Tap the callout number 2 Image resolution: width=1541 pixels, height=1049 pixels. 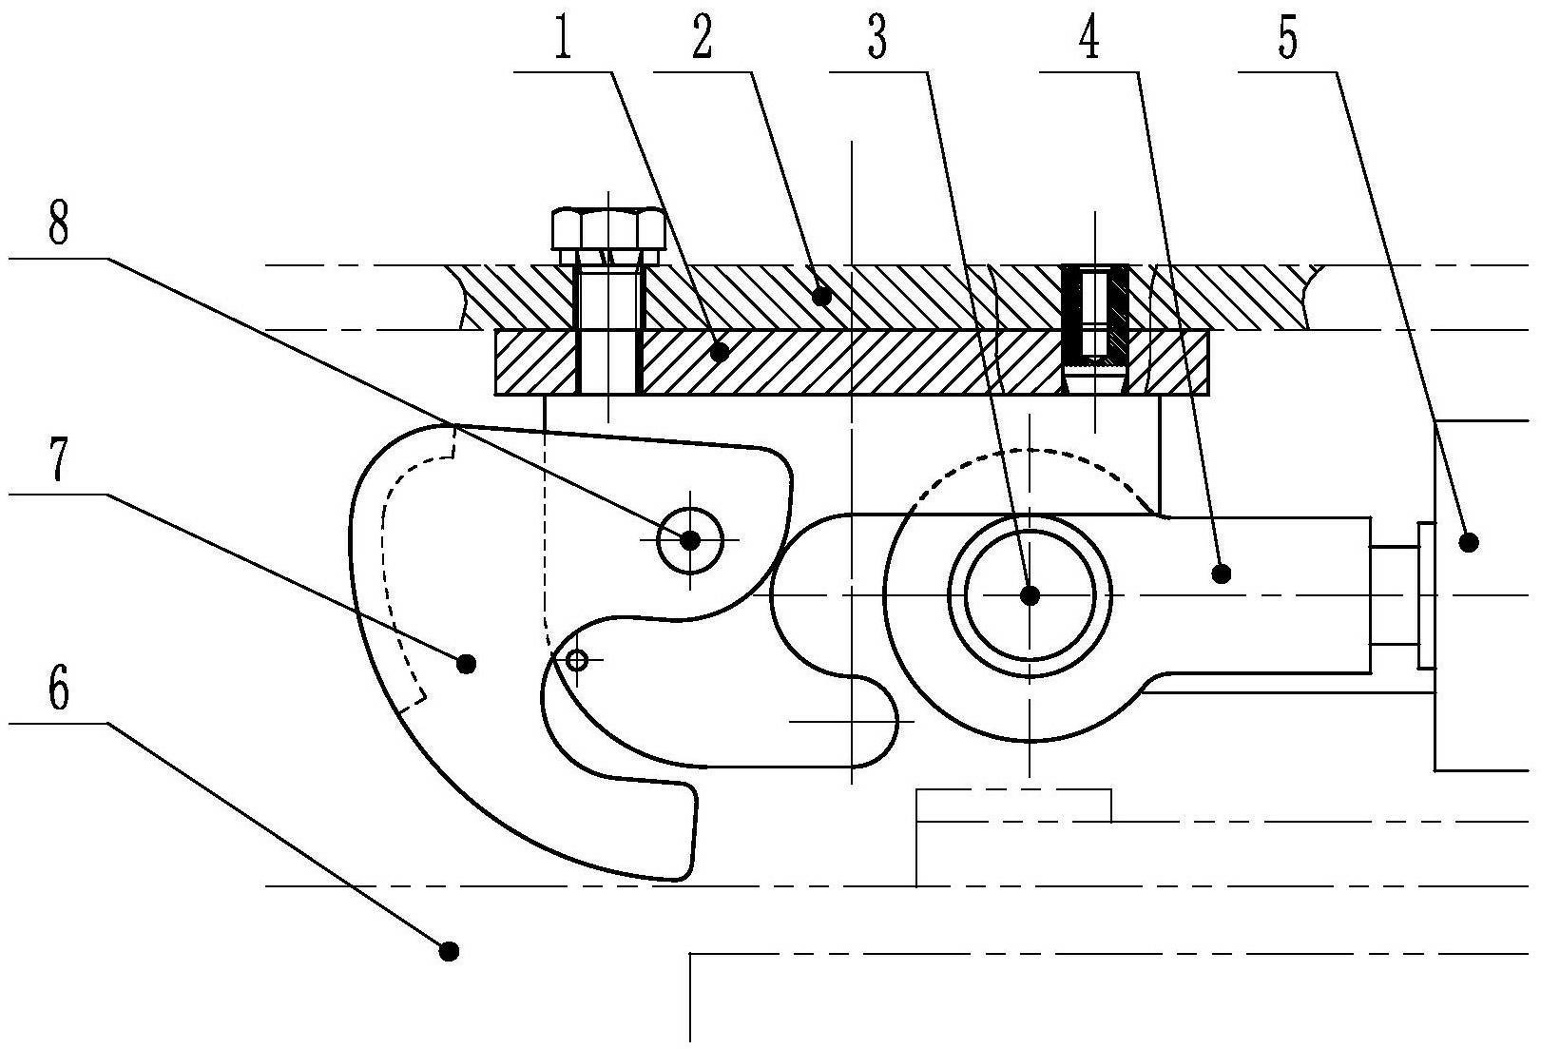[x=702, y=39]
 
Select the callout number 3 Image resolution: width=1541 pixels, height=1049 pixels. [x=877, y=39]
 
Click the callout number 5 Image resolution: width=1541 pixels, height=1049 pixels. [x=1288, y=39]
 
